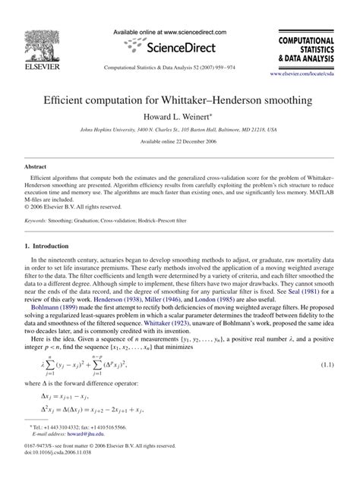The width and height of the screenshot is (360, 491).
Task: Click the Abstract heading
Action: tap(37, 165)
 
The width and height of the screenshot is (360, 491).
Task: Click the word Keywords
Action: tap(36, 221)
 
